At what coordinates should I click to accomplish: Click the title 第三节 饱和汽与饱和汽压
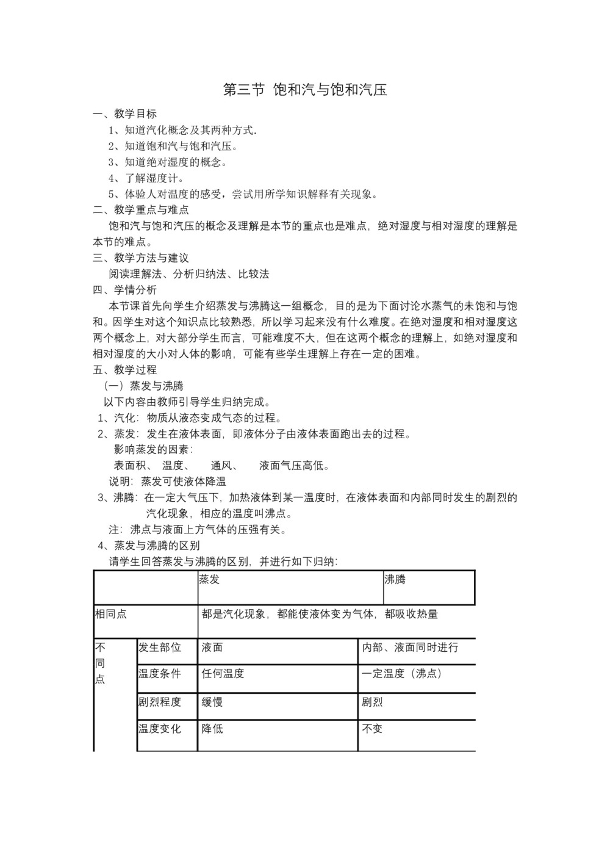tap(305, 90)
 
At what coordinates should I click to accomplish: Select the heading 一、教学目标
tap(124, 114)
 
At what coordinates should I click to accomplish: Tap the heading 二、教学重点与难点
tap(141, 209)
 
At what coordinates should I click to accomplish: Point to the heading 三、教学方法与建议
tap(141, 258)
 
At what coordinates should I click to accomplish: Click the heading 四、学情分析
tap(124, 290)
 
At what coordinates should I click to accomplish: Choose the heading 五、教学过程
tap(124, 370)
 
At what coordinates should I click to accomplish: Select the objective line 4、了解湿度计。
tap(146, 178)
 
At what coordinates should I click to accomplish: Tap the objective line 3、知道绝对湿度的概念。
tap(168, 162)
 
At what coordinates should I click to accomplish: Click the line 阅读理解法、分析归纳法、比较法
tap(189, 274)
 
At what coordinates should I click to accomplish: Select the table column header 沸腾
tap(395, 580)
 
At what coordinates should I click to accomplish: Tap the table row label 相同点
tap(111, 614)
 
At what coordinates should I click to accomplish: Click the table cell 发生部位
tap(160, 648)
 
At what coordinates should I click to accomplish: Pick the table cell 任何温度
tap(223, 674)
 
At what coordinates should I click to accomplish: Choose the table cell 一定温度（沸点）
tap(402, 674)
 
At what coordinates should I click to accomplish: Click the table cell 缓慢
tap(212, 702)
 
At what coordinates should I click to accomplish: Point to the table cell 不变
tap(372, 729)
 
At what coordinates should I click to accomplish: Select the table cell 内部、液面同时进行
tap(410, 648)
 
